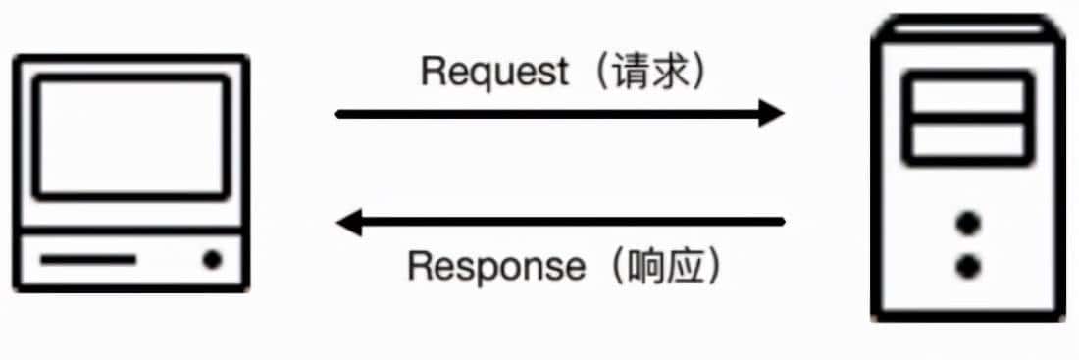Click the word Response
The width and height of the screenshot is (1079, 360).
tap(494, 266)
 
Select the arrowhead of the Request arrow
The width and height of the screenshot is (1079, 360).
tap(770, 114)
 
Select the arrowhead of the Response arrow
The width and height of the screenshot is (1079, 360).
tap(351, 223)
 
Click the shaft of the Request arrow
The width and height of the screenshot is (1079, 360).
tap(549, 114)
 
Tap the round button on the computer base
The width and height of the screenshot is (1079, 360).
tap(212, 260)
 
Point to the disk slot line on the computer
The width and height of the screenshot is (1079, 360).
tap(88, 260)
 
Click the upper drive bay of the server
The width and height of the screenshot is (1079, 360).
tap(967, 95)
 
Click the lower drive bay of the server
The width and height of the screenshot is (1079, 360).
tap(967, 140)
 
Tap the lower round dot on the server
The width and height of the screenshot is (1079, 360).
tap(968, 265)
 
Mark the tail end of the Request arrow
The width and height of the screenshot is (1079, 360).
tap(340, 114)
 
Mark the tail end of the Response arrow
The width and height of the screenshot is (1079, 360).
tap(782, 223)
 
